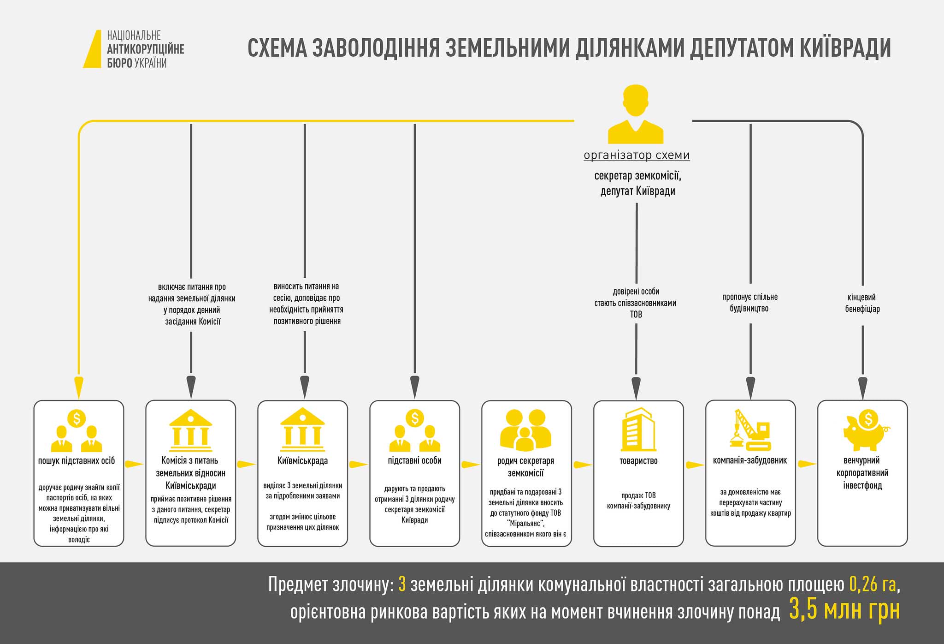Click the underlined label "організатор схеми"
click(x=637, y=155)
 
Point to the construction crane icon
click(x=750, y=429)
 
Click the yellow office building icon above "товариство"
click(x=638, y=429)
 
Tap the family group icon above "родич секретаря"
click(x=526, y=430)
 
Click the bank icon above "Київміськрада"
click(x=302, y=429)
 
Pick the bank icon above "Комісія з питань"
click(x=191, y=429)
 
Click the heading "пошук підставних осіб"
click(x=77, y=460)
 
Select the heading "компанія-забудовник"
click(x=750, y=460)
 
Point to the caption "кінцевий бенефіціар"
click(x=862, y=303)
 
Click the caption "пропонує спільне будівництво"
click(x=750, y=303)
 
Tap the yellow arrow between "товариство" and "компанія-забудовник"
click(x=695, y=465)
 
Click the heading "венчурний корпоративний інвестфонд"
click(x=862, y=473)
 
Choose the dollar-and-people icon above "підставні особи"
click(x=414, y=431)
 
